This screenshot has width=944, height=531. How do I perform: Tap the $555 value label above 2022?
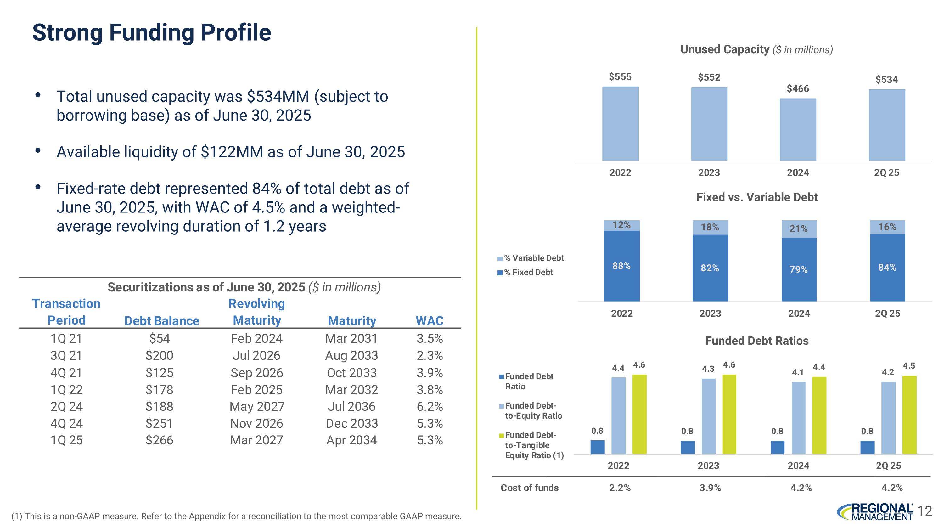(620, 76)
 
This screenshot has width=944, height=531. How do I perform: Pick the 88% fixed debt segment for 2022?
(621, 266)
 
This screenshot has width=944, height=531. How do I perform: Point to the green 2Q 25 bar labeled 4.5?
(909, 415)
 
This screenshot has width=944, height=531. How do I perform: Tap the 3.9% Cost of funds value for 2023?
(710, 488)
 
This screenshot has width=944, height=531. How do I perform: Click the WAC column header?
(430, 321)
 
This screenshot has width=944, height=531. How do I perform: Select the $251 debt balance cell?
(159, 424)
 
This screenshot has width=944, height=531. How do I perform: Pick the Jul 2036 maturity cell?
(351, 406)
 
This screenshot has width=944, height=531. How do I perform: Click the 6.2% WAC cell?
(430, 406)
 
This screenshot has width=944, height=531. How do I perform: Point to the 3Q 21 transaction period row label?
(66, 355)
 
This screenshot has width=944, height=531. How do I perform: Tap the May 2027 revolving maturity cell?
(257, 406)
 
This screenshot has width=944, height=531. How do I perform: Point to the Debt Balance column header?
(162, 321)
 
